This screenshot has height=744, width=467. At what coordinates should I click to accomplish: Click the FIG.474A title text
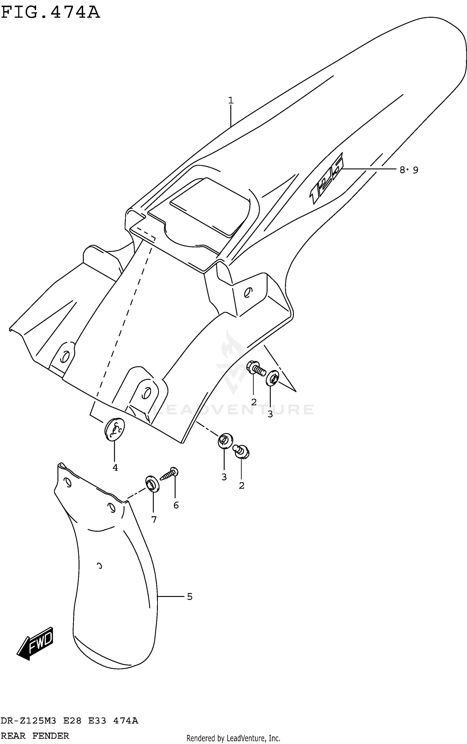point(50,12)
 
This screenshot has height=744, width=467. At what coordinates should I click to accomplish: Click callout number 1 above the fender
point(231,100)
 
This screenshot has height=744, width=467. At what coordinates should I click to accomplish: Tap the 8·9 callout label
point(409,170)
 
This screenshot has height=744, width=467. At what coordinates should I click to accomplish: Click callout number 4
point(115,468)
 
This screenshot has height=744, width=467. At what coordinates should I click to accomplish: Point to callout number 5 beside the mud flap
point(190,597)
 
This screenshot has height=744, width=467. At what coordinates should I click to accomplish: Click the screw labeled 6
point(169,475)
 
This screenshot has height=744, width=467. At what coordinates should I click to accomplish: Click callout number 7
point(154,519)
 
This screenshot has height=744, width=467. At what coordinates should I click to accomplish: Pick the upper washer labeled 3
point(272,378)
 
